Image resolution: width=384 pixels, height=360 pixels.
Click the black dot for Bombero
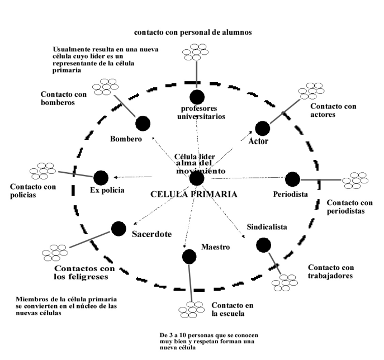point(143,123)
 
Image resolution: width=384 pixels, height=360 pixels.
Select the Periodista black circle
point(293,179)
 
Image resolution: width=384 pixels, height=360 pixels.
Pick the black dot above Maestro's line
point(189,256)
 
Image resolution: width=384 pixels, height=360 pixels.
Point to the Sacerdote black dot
point(118,228)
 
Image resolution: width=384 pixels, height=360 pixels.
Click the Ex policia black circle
point(101,177)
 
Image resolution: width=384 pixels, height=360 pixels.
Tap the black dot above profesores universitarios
point(197,97)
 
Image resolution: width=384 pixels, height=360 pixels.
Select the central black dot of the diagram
point(196,178)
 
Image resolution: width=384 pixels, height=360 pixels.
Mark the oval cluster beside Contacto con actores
point(311,91)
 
